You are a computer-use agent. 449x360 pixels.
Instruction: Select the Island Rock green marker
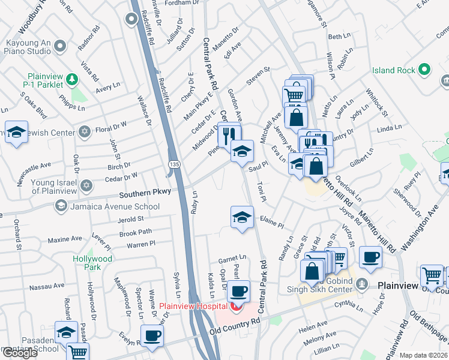pos(425,70)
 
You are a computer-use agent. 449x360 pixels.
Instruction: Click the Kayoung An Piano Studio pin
pos(59,46)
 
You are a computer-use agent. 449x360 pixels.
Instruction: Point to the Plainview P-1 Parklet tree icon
pos(72,79)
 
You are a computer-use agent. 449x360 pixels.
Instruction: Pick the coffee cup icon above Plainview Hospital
pos(239,290)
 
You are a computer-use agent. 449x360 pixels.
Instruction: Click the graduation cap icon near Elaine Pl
pos(242,217)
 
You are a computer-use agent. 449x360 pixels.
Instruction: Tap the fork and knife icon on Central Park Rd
pos(228,135)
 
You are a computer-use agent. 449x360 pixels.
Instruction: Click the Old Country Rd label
pos(235,325)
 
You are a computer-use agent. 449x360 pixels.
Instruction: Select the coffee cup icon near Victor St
pos(371,257)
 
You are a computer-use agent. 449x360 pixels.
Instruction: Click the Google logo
pos(20,353)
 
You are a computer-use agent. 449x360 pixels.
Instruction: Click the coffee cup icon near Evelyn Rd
pos(152,335)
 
